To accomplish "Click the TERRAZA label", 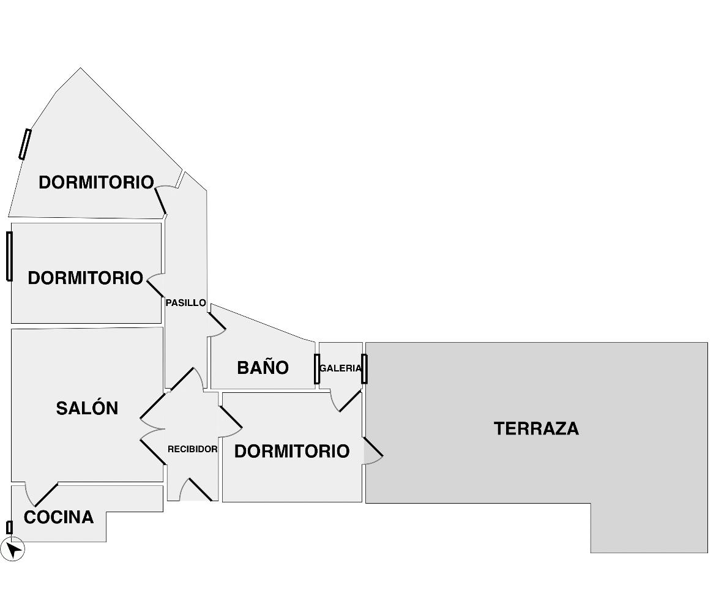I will [x=536, y=428].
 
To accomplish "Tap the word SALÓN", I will [x=87, y=408].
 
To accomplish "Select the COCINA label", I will [x=59, y=517].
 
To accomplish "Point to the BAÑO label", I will [x=263, y=367].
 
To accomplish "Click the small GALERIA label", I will [x=340, y=368].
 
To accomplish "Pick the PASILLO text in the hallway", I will [x=185, y=302].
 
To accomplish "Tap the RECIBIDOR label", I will [x=192, y=449].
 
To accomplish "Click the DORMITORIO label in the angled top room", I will [x=95, y=182].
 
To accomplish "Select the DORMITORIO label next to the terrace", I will [x=292, y=451].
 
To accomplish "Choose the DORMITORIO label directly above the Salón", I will [x=85, y=278].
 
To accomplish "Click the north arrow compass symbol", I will [x=13, y=549].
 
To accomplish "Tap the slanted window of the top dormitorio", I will [x=24, y=144].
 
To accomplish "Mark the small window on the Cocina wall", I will [x=9, y=528].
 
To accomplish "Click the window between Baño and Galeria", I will [x=316, y=369].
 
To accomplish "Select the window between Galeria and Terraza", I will [x=364, y=369].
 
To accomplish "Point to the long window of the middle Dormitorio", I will [x=9, y=256].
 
